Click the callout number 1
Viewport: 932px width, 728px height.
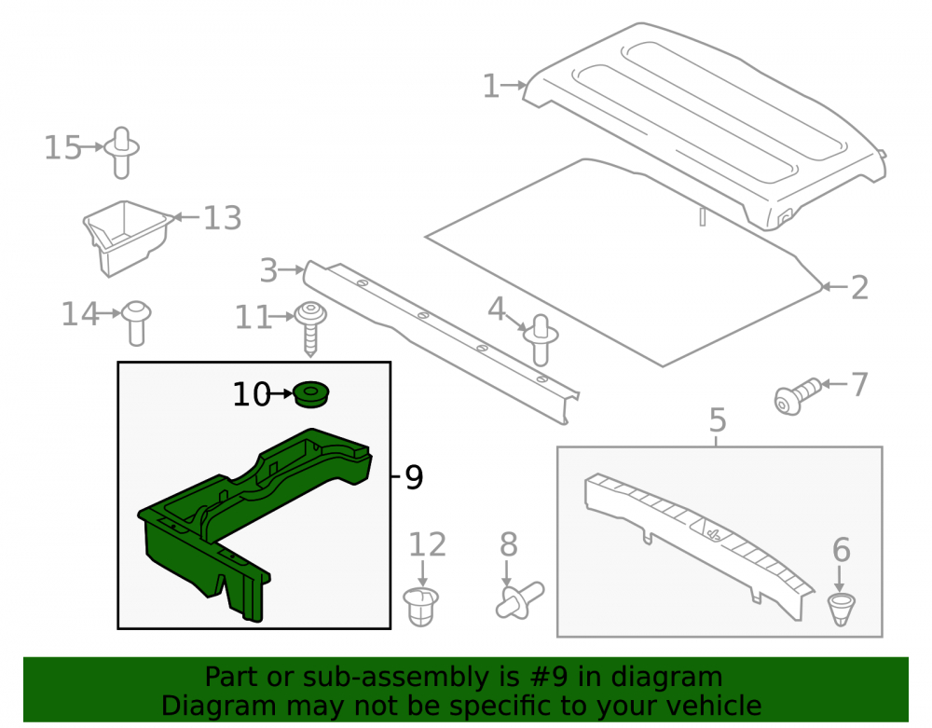[x=490, y=86]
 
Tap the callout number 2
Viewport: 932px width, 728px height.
[x=859, y=288]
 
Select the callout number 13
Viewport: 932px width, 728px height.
[x=223, y=218]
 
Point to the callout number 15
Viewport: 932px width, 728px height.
[x=62, y=148]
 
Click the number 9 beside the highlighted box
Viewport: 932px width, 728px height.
[x=414, y=477]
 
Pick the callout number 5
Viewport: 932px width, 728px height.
[x=718, y=419]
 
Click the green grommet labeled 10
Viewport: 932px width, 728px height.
[x=311, y=394]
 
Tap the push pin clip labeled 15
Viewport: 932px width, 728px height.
[x=122, y=153]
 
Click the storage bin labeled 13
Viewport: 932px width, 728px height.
[x=126, y=238]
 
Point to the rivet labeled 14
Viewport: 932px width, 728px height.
[x=137, y=323]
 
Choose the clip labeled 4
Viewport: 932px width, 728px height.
[x=541, y=340]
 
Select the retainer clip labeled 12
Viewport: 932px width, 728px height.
[x=421, y=606]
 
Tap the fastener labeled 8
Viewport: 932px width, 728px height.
[x=519, y=600]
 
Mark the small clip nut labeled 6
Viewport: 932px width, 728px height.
[x=841, y=609]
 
